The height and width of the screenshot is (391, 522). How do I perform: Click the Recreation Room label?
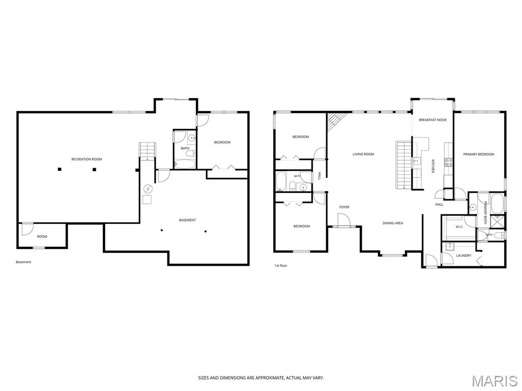(87, 159)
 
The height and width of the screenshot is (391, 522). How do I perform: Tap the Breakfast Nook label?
(433, 120)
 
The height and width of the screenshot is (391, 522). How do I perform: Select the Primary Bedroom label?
(479, 154)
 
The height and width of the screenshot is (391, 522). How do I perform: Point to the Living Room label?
(363, 154)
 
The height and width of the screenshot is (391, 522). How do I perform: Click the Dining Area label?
(393, 223)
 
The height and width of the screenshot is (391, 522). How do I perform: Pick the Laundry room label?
(464, 256)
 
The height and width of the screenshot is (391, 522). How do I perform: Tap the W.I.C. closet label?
(459, 227)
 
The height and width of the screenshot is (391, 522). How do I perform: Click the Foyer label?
(344, 207)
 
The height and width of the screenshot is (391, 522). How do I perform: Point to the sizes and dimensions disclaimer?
(261, 378)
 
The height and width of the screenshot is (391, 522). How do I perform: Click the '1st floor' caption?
(281, 266)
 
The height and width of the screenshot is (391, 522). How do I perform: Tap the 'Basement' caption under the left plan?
(23, 262)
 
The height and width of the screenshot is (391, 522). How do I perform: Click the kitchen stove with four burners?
(449, 162)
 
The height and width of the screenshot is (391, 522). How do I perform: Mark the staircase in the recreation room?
(147, 152)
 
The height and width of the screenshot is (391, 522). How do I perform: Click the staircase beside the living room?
(404, 165)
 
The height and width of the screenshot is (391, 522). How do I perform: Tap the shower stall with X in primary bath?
(498, 221)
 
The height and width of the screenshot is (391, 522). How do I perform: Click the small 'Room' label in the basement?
(42, 237)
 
